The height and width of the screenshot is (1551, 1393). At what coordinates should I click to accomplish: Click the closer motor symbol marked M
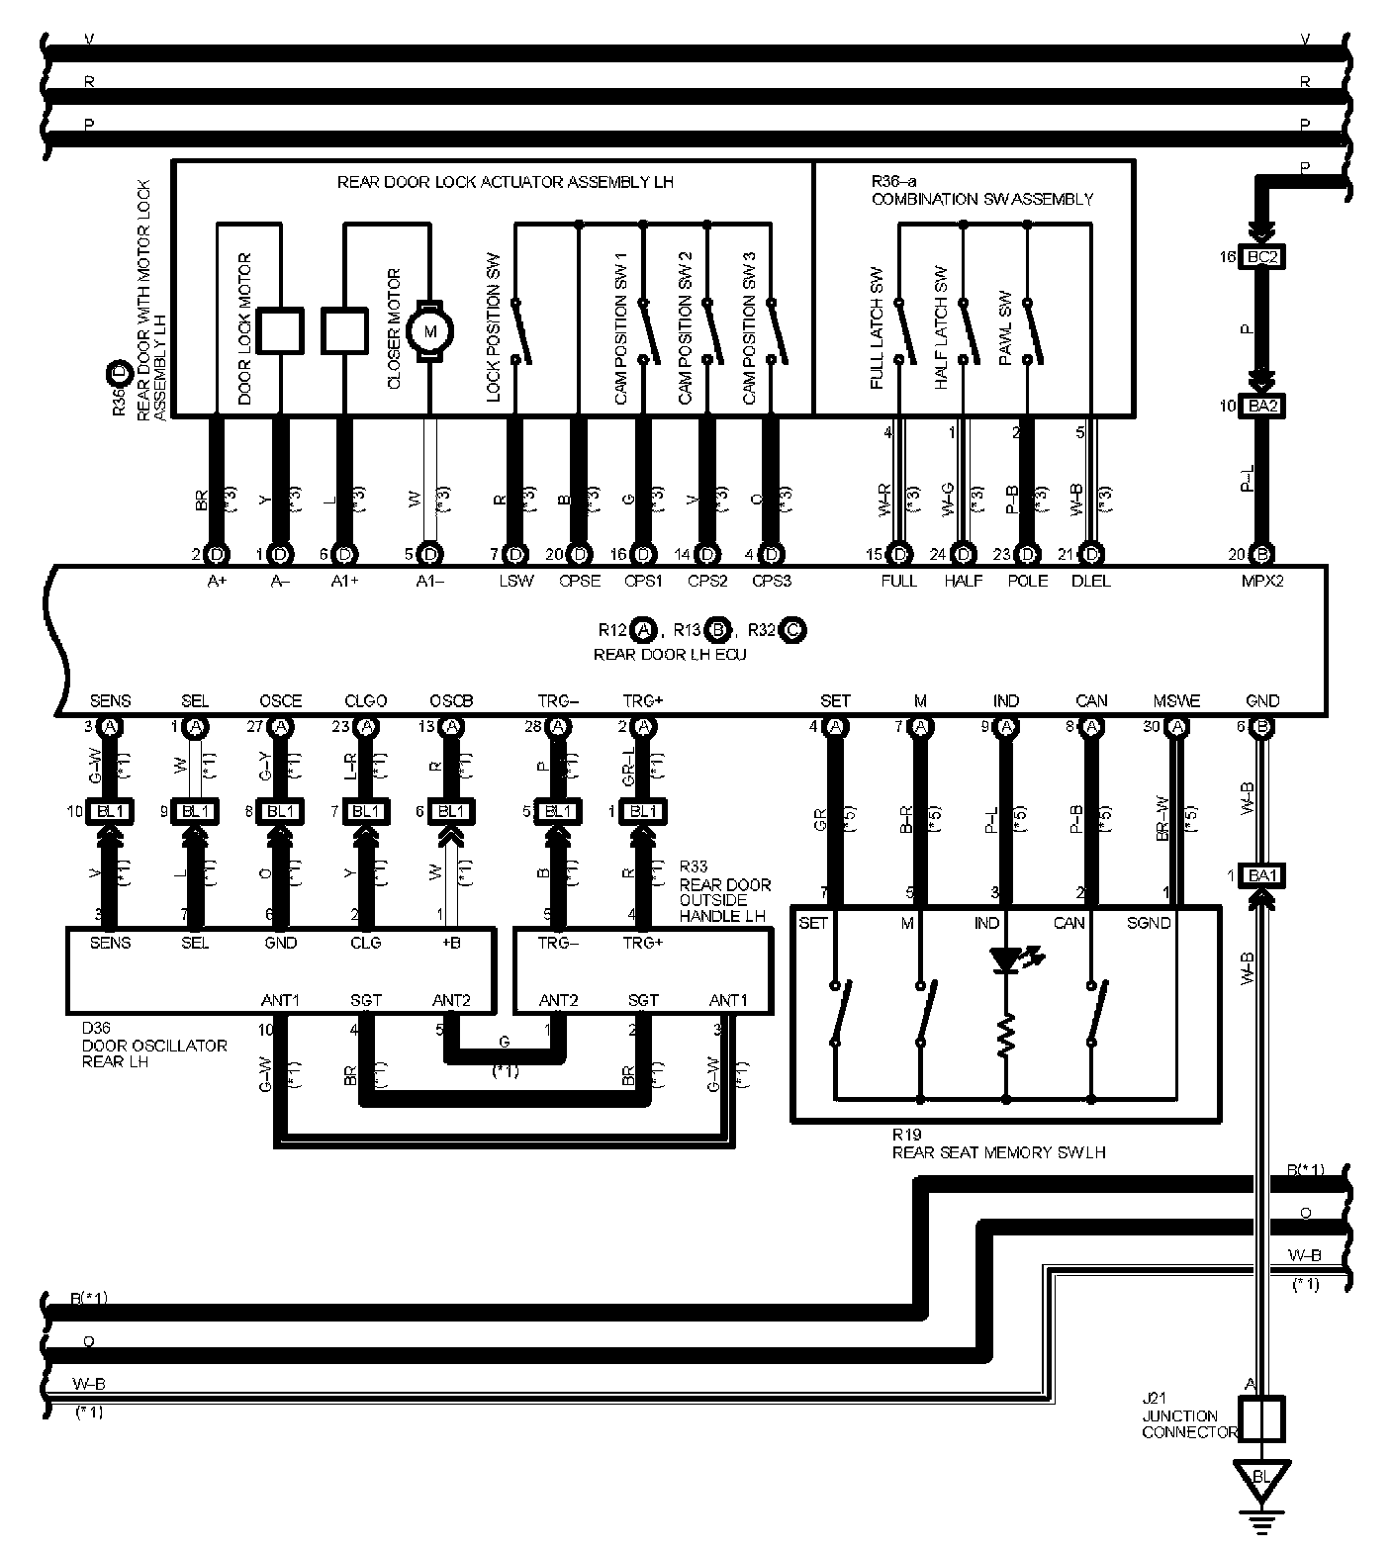(430, 330)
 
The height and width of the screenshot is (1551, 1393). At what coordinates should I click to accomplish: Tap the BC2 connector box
(1262, 257)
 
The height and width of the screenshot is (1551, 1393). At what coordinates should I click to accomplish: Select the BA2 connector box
(1262, 406)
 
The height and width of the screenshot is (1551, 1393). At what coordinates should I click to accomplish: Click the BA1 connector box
(1262, 874)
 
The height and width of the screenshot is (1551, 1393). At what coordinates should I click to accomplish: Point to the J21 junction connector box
(1262, 1419)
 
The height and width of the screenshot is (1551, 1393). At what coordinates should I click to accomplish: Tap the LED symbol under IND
(1007, 960)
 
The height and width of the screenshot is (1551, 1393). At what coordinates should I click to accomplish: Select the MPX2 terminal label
(1262, 581)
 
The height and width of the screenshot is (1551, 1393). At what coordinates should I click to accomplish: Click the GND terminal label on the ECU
(1262, 701)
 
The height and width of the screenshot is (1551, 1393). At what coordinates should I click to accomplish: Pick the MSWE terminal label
(1176, 701)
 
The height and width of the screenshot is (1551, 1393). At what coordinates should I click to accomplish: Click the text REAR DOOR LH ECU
(670, 654)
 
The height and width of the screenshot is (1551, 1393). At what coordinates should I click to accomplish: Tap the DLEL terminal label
(1091, 581)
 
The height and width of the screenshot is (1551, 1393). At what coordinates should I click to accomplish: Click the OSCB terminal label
(451, 701)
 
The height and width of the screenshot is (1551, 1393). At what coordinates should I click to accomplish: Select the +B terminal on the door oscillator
(451, 943)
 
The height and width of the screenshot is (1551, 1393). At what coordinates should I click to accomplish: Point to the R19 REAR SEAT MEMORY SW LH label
(997, 1144)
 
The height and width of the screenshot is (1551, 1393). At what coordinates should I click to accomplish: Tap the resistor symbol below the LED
(1007, 1036)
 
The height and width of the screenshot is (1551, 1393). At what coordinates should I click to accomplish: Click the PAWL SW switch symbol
(1029, 331)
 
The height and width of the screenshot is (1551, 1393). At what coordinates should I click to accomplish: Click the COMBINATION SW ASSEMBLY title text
(981, 199)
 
